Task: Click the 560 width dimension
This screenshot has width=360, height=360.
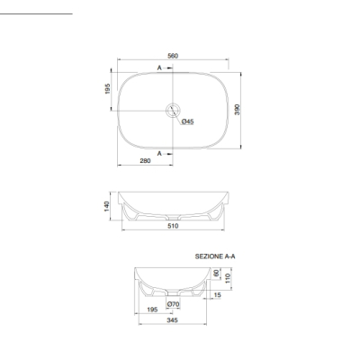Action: pyautogui.click(x=173, y=56)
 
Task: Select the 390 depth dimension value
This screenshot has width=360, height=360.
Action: pyautogui.click(x=237, y=110)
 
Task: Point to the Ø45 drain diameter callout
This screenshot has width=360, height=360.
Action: pyautogui.click(x=187, y=121)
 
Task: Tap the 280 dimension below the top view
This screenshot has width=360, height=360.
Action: pyautogui.click(x=145, y=161)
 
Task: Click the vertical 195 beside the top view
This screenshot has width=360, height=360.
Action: pyautogui.click(x=108, y=89)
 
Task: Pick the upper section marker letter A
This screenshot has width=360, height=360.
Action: pyautogui.click(x=159, y=68)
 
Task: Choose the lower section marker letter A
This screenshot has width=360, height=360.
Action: pyautogui.click(x=159, y=154)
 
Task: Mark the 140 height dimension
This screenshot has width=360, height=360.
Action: pyautogui.click(x=107, y=206)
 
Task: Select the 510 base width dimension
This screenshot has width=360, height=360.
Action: pyautogui.click(x=173, y=226)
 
